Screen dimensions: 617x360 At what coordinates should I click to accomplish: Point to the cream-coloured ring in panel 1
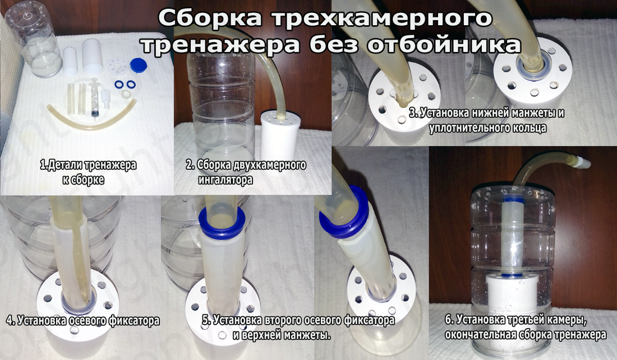tap(126, 94)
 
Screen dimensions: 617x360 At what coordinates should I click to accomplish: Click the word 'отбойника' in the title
tap(444, 44)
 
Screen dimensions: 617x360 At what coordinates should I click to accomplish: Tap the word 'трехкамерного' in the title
tap(379, 19)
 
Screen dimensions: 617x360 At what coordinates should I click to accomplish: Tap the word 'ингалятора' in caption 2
tap(225, 180)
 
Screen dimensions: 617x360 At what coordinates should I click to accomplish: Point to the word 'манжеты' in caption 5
tap(307, 335)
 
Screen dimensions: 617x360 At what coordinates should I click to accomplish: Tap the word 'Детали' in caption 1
tap(62, 165)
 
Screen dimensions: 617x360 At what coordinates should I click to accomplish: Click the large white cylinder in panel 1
tap(92, 57)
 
